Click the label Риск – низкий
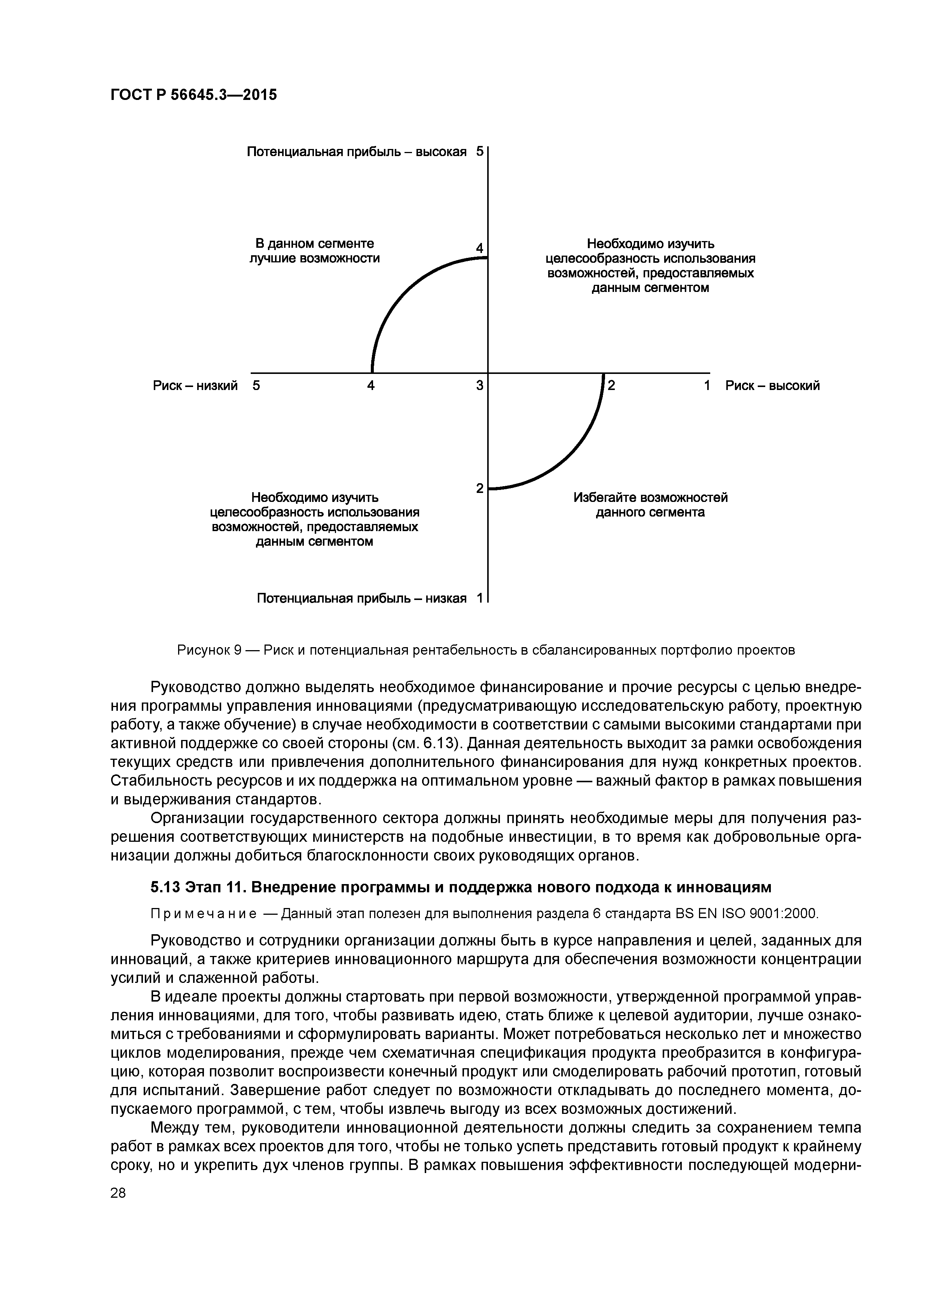pyautogui.click(x=195, y=386)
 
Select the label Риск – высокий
pyautogui.click(x=772, y=386)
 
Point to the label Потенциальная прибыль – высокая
pyautogui.click(x=356, y=152)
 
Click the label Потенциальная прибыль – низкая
pyautogui.click(x=361, y=598)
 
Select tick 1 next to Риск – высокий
pyautogui.click(x=707, y=386)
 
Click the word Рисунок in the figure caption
pyautogui.click(x=203, y=650)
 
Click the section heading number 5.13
pyautogui.click(x=166, y=887)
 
